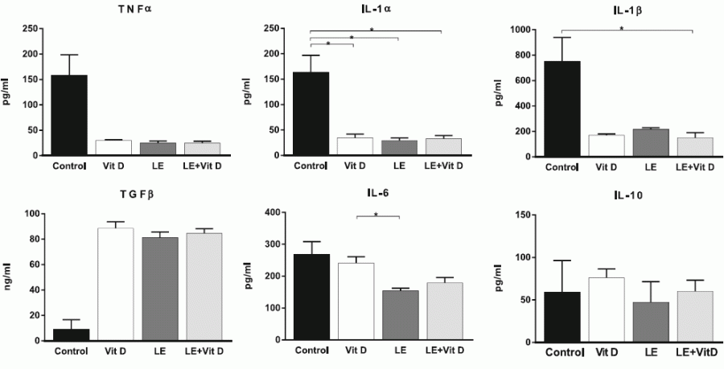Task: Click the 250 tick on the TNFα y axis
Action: click(31, 29)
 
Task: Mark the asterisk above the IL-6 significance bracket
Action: click(377, 213)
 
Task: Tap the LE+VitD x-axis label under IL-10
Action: click(697, 352)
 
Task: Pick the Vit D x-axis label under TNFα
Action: click(114, 167)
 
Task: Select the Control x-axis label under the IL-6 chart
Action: click(311, 351)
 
